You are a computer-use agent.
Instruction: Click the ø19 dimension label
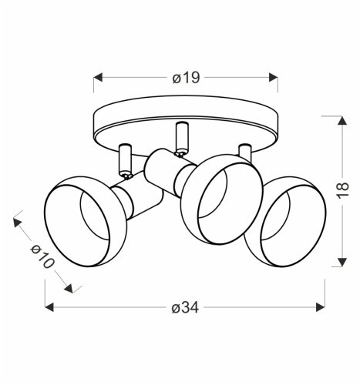tap(186, 78)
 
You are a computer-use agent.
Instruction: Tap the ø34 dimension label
tap(185, 307)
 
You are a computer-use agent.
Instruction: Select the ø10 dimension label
tap(42, 256)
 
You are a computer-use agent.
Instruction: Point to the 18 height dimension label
tap(342, 190)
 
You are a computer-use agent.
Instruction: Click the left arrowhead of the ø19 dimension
tap(98, 77)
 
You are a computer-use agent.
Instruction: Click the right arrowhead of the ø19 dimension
tap(274, 77)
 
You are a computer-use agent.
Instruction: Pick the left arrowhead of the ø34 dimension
tap(49, 307)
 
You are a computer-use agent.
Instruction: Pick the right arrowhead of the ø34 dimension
tap(321, 307)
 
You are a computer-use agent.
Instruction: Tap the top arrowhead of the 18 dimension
tap(342, 120)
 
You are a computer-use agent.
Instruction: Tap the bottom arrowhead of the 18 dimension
tap(342, 262)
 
